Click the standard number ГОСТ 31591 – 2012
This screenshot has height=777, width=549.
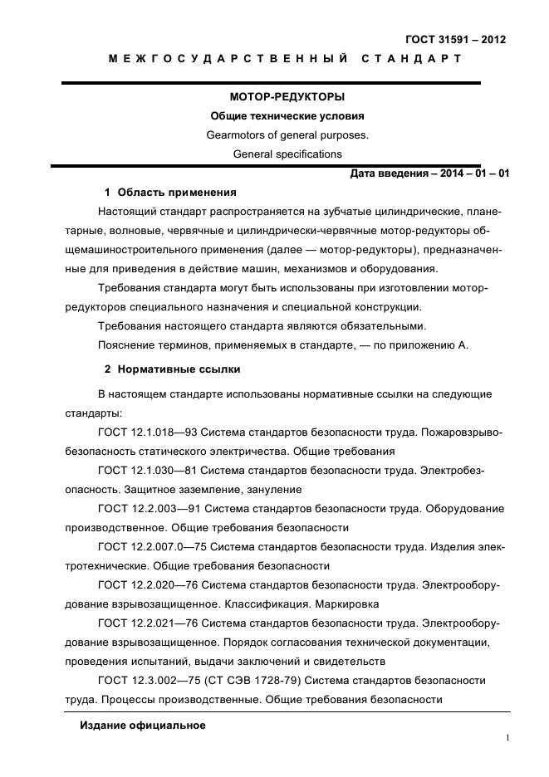455,39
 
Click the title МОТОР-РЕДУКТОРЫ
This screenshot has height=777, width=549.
275,97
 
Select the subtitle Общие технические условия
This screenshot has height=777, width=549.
275,116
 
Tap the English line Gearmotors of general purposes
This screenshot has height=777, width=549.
275,134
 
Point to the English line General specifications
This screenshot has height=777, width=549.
275,154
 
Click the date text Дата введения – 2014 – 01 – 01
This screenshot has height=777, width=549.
429,173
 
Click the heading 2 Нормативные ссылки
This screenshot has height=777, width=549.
172,368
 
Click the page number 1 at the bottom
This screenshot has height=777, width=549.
507,736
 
